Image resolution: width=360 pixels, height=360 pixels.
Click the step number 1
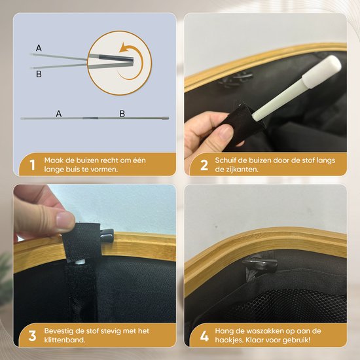click(33, 165)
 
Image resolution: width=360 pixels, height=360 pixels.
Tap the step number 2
click(204, 165)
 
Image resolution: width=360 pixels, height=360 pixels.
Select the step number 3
click(32, 336)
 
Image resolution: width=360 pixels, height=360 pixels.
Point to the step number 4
click(204, 336)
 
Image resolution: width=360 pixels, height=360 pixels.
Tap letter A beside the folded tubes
click(39, 48)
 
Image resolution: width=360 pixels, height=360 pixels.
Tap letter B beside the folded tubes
click(39, 74)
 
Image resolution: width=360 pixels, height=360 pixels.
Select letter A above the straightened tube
click(59, 113)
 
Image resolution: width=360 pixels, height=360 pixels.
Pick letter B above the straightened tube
click(122, 113)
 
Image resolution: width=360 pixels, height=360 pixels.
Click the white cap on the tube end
click(321, 71)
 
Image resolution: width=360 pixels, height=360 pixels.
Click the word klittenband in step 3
click(65, 340)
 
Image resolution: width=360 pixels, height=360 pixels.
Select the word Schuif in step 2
click(225, 160)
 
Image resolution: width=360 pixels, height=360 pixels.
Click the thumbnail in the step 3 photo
click(65, 219)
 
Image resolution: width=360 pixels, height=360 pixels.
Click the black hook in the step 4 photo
click(260, 266)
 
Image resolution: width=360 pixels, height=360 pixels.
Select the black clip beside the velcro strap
click(107, 236)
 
